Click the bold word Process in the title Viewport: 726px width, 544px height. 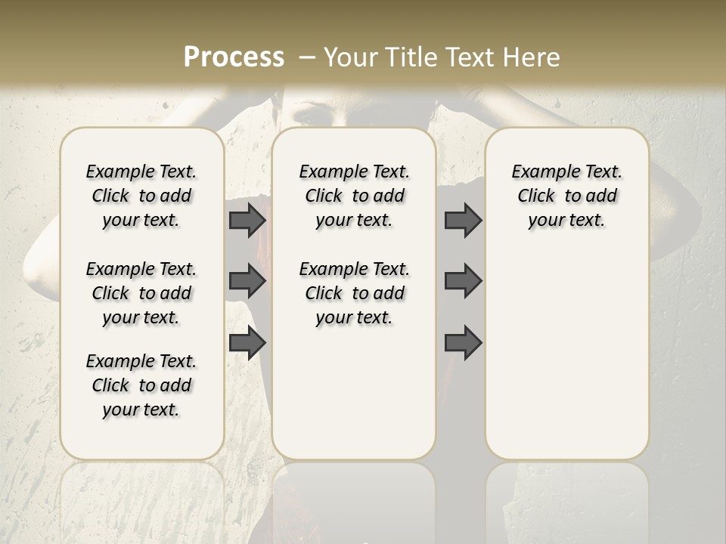click(x=234, y=57)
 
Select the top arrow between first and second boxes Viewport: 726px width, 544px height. click(x=247, y=220)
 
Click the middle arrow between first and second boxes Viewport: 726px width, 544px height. click(x=247, y=281)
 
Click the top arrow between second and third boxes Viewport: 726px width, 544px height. click(x=463, y=220)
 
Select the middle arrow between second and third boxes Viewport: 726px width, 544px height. click(x=463, y=281)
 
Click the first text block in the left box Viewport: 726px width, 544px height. click(x=141, y=196)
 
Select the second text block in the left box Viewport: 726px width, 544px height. click(x=141, y=293)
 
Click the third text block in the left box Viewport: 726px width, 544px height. click(x=141, y=385)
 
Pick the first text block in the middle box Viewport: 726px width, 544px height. click(x=354, y=196)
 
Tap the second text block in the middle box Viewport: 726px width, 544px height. click(x=354, y=293)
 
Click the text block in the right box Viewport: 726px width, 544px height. click(x=566, y=196)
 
